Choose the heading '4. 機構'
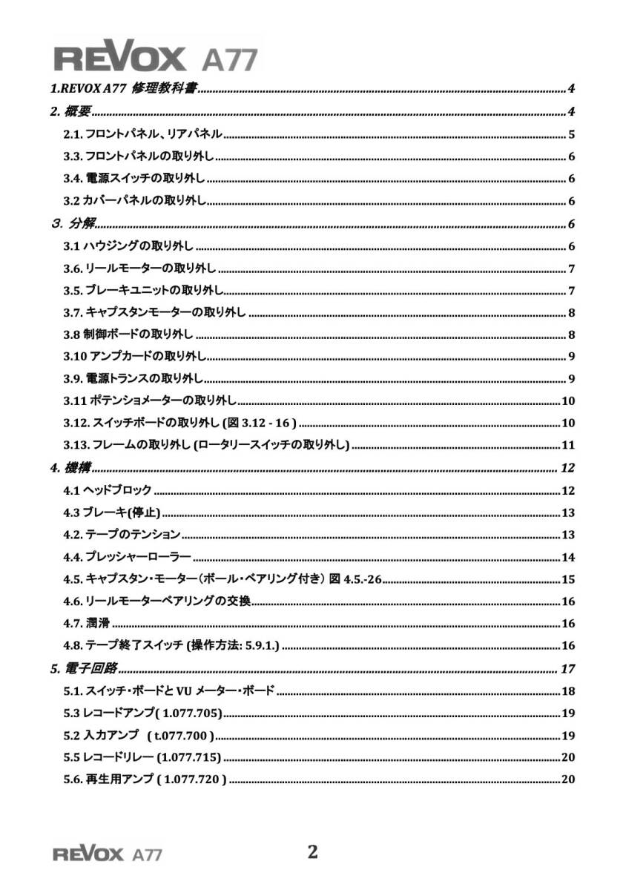click(70, 468)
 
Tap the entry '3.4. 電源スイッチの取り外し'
click(134, 179)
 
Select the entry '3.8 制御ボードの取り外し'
click(128, 334)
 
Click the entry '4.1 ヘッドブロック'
click(108, 490)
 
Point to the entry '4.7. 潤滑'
click(87, 624)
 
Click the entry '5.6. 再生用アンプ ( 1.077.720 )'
click(145, 779)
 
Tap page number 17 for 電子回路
click(567, 669)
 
